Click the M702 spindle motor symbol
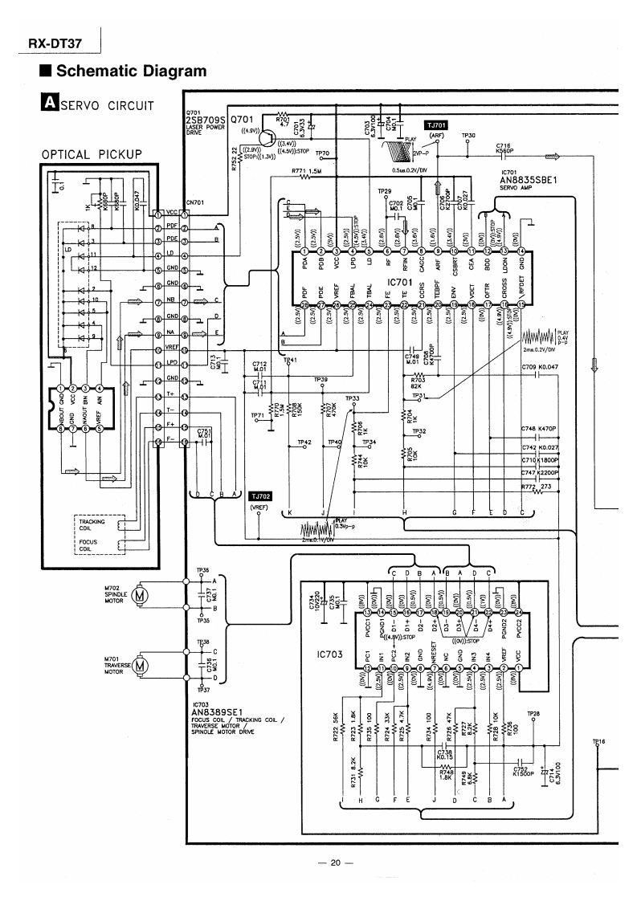140,595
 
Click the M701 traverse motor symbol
140,665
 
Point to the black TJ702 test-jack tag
261,497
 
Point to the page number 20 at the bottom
336,863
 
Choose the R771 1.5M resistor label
308,170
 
